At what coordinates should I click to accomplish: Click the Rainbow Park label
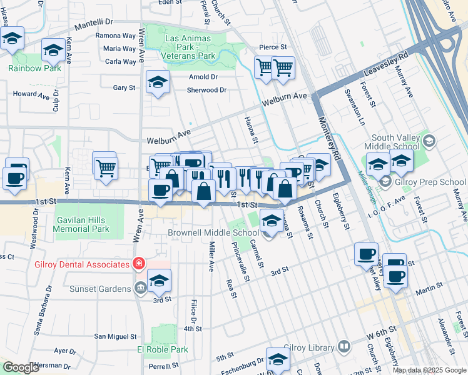[35, 68]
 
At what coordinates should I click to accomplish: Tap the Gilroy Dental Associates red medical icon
[137, 264]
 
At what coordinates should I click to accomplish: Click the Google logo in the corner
[21, 367]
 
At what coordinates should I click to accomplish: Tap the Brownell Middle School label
[213, 232]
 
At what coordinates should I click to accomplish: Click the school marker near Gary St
[158, 82]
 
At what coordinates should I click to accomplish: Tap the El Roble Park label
[163, 350]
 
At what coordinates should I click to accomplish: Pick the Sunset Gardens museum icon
[141, 287]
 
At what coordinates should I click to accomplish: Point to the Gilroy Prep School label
[425, 182]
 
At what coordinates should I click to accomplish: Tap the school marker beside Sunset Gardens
[160, 281]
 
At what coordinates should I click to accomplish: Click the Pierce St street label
[273, 47]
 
